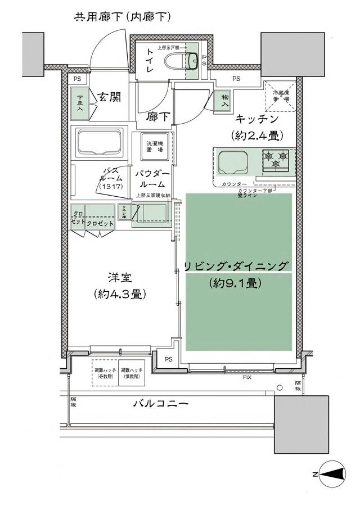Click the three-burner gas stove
coord(276,160)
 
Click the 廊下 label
coord(157,117)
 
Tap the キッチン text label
coord(256,119)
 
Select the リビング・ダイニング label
coord(236,266)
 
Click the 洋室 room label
coord(120,278)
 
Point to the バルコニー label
coord(160,404)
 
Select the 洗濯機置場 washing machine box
coord(152,147)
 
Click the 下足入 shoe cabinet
coord(80,102)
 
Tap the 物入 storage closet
coord(224,101)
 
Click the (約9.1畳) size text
coord(236,283)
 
